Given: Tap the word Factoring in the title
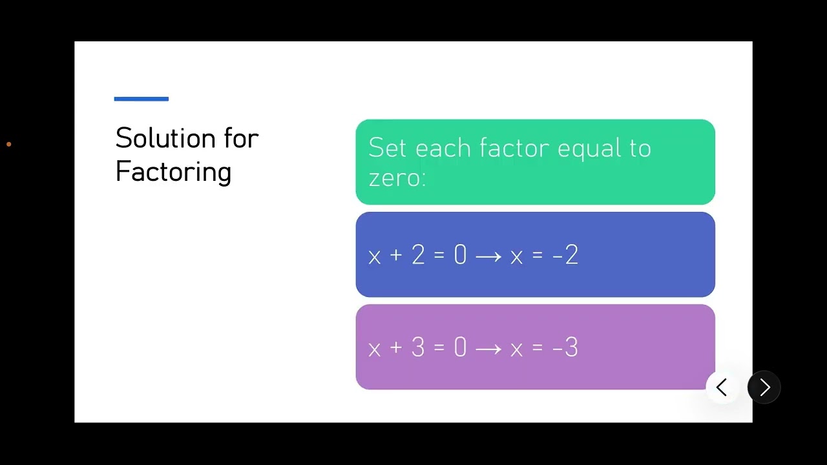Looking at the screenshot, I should [x=173, y=172].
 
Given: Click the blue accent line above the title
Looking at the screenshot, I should [x=141, y=99].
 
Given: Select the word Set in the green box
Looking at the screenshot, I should [x=387, y=148].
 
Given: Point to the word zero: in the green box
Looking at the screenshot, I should [x=397, y=177].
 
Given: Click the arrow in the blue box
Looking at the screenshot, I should [x=488, y=256].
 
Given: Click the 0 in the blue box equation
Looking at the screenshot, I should [x=460, y=255].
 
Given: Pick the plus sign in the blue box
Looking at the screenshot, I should [x=396, y=255].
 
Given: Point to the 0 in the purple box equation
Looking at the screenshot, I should [x=460, y=348].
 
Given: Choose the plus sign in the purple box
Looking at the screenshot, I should [x=396, y=348].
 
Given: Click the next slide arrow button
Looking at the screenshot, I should [x=764, y=387].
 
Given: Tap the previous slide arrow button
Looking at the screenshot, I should [x=722, y=387].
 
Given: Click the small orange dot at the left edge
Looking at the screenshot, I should [x=8, y=144].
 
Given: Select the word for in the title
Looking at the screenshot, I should [x=242, y=138].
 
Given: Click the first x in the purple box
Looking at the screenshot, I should [x=374, y=349].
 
